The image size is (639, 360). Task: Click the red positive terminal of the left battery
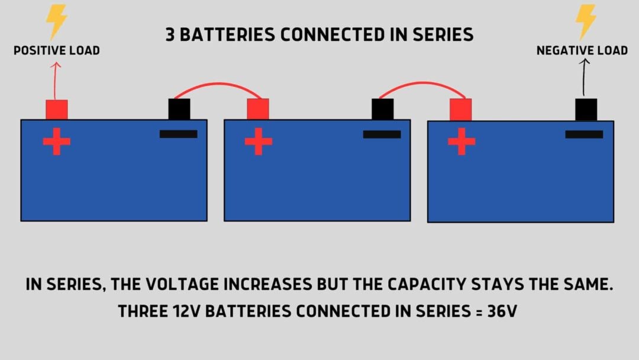57,110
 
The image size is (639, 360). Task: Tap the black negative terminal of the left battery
179,110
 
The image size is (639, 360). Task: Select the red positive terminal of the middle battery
258,110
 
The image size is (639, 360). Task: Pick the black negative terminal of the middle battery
382,110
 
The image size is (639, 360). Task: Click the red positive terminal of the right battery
460,110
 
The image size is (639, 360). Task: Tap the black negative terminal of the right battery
586,110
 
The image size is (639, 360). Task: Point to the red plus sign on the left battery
57,142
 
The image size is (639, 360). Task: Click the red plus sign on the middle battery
259,142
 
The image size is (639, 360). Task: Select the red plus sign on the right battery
461,142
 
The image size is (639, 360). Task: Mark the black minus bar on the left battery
178,134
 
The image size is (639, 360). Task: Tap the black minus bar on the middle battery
382,134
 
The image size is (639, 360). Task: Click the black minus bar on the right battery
584,134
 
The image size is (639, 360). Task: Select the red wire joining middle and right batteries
422,83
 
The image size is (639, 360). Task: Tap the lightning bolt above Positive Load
57,22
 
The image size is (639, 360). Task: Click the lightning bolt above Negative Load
586,22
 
